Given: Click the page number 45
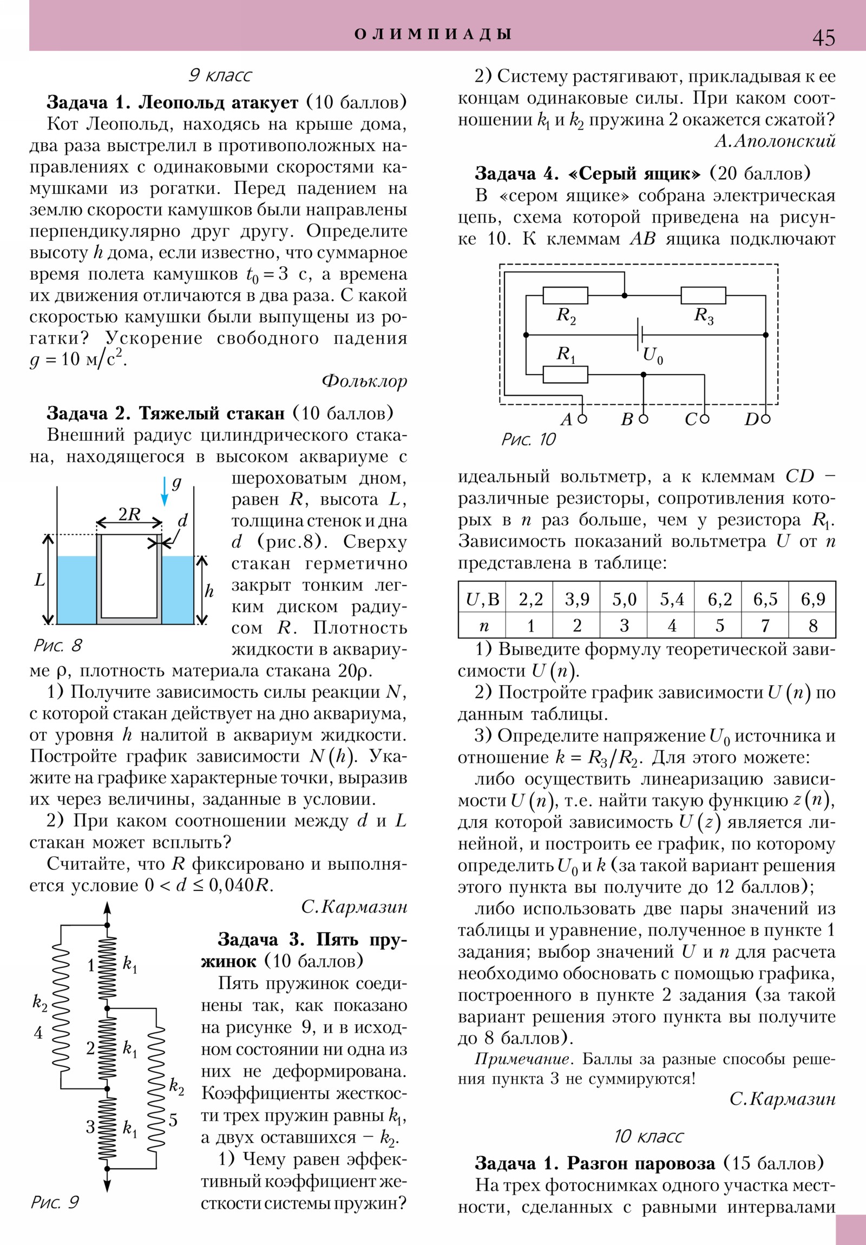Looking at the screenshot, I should [823, 38].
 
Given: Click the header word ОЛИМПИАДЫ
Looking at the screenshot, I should [432, 35].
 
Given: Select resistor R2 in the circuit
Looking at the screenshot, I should [565, 296].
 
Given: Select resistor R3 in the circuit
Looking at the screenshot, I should [703, 296].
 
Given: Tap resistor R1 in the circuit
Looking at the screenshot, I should [565, 374].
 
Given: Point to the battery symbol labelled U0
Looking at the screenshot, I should [640, 335].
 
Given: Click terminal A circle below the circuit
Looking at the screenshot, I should [582, 418].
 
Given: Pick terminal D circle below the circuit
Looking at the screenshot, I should [766, 418].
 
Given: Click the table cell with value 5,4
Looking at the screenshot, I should [671, 599].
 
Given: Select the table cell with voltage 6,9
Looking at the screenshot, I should [812, 599].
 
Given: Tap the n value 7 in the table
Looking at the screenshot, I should [765, 626].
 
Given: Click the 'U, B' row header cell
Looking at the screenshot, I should [482, 599].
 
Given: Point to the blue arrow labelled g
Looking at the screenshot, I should [165, 491].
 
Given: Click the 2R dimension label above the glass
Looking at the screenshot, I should [129, 514].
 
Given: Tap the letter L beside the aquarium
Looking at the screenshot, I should [40, 580].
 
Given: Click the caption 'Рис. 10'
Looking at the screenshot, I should [528, 439].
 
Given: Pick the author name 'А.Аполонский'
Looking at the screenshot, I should [775, 141].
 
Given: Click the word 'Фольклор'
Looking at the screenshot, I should [364, 381].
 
